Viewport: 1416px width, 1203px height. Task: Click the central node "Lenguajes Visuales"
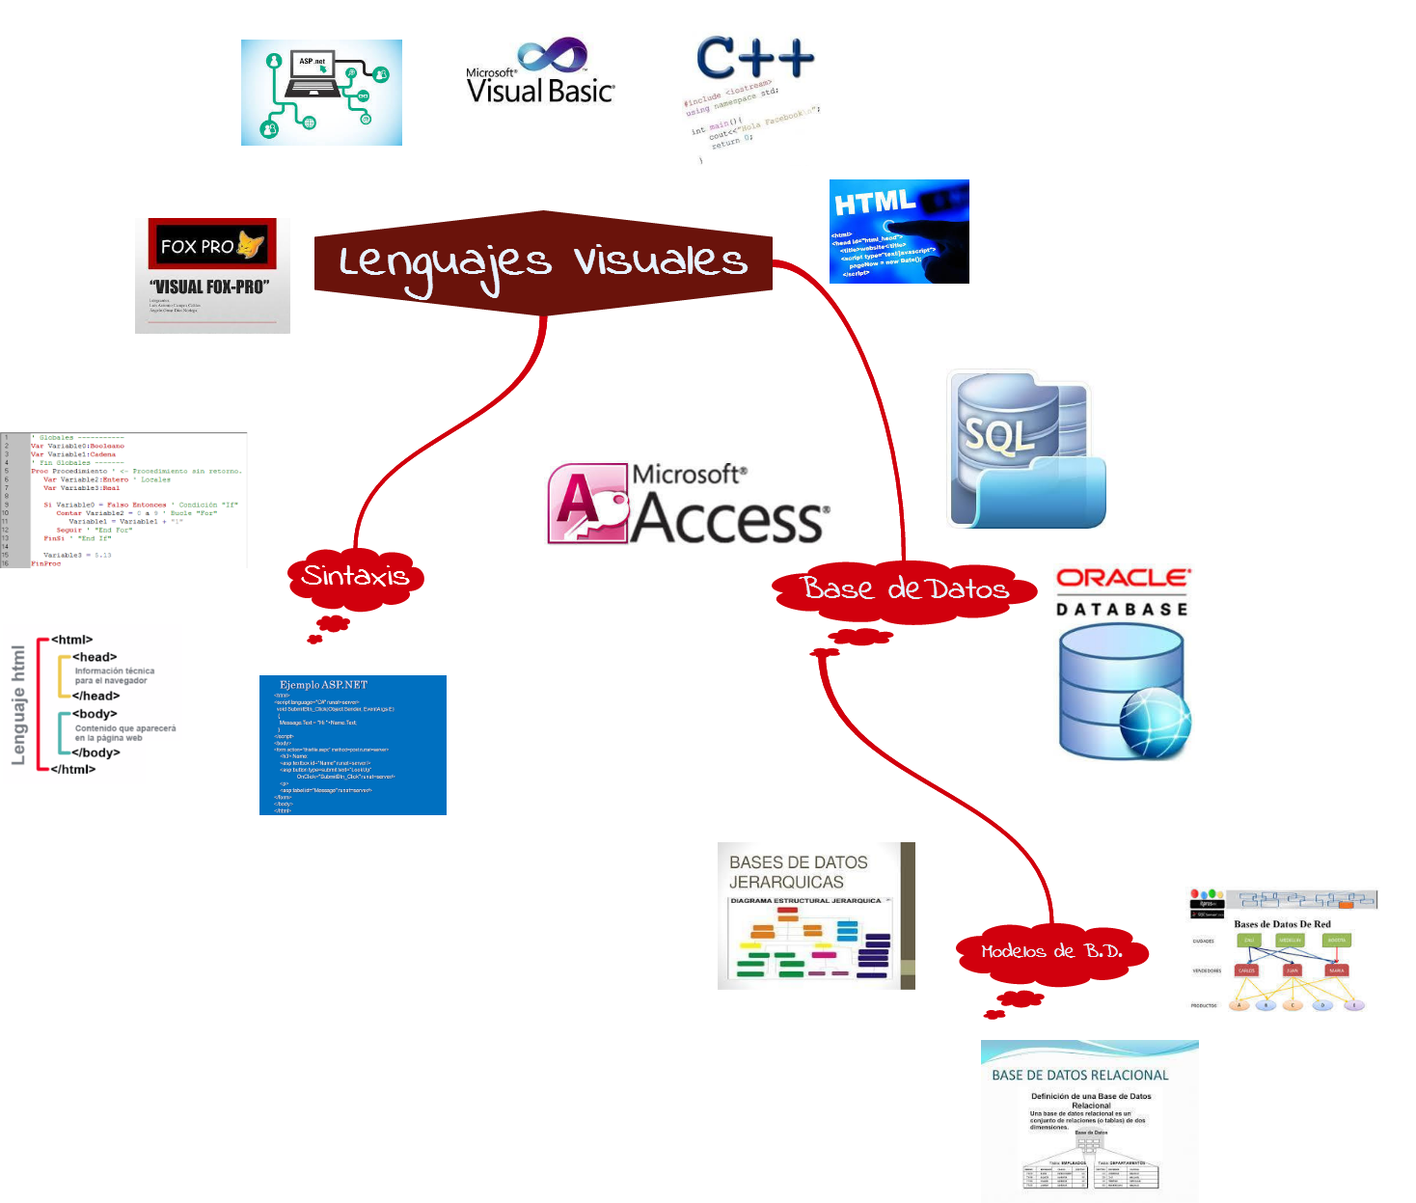coord(543,261)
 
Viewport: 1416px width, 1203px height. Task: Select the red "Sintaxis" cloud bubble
coord(356,577)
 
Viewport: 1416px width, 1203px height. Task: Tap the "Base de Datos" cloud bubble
coord(905,588)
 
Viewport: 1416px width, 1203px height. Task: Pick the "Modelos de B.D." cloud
coord(1051,951)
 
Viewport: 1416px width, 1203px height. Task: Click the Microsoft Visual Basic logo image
coord(540,74)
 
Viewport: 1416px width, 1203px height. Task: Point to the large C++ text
coord(754,58)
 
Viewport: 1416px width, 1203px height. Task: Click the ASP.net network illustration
coord(321,93)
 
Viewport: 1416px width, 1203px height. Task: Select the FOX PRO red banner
coord(212,245)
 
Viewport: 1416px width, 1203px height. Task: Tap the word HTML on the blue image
coord(875,203)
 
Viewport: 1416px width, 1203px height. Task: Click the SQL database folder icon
coord(1025,449)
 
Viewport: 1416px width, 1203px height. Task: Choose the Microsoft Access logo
coord(688,504)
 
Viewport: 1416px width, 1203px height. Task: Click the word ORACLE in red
coord(1124,578)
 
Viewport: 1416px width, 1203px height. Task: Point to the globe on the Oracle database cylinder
coord(1155,724)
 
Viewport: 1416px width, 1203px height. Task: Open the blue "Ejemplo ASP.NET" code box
coord(353,745)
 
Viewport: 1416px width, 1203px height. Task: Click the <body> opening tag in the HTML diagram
coord(95,714)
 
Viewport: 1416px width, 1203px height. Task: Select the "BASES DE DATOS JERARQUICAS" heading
coord(798,872)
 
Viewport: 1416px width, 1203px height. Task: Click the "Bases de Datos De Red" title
coord(1282,924)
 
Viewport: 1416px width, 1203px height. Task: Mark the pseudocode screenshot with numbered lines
coord(124,500)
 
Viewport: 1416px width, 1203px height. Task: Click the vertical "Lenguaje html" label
coord(18,705)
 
